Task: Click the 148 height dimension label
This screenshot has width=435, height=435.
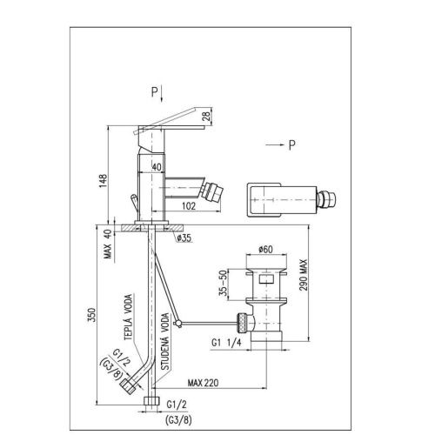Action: (104, 181)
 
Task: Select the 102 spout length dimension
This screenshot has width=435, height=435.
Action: (189, 206)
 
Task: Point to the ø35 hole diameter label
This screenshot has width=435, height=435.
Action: (184, 238)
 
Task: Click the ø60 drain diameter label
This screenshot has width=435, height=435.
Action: (266, 249)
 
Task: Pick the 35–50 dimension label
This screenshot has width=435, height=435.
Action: (223, 284)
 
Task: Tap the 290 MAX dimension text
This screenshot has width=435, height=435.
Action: (303, 275)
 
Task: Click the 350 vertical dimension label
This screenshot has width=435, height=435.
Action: (91, 315)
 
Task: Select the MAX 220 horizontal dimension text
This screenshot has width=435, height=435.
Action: (203, 383)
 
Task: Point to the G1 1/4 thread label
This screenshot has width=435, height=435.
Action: (226, 343)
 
